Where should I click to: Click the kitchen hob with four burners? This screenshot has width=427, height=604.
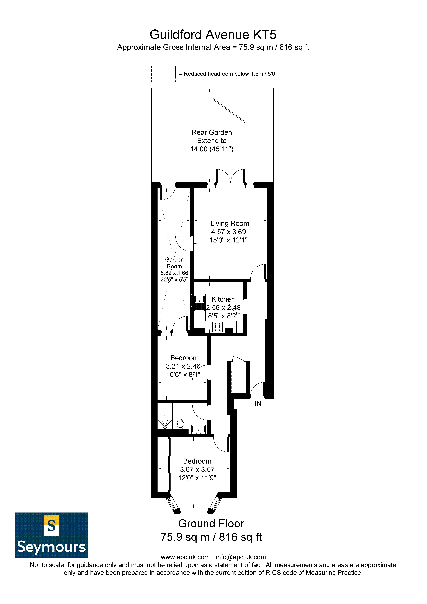pyautogui.click(x=217, y=327)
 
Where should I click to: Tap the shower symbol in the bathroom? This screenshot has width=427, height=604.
pyautogui.click(x=165, y=422)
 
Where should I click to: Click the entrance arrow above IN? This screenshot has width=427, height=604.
pyautogui.click(x=258, y=396)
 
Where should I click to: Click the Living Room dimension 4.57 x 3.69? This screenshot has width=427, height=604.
pyautogui.click(x=228, y=232)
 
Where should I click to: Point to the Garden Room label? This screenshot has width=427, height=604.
pyautogui.click(x=174, y=263)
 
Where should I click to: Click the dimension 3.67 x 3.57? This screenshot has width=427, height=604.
pyautogui.click(x=197, y=470)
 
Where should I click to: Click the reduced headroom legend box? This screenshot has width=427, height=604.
pyautogui.click(x=163, y=74)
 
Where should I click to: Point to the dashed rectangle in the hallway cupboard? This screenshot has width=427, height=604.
pyautogui.click(x=238, y=382)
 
